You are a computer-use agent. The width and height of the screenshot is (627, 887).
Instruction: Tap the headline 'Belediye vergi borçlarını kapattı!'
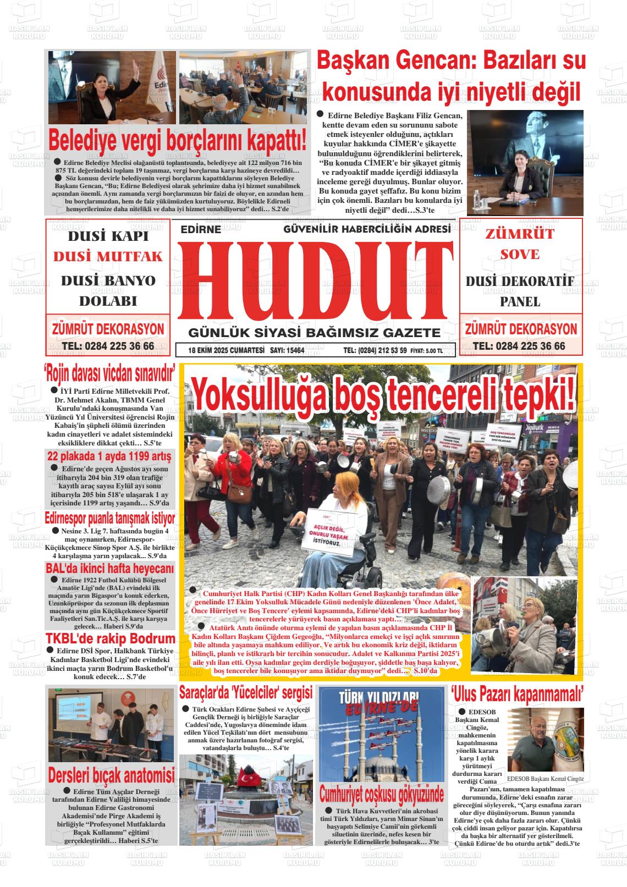(x=177, y=140)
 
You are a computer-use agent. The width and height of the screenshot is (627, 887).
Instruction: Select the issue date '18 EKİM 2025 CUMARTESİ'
(x=226, y=350)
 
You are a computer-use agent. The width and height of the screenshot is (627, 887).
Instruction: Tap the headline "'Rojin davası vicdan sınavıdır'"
(x=109, y=374)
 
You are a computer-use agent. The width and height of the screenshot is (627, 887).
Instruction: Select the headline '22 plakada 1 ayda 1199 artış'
(x=109, y=456)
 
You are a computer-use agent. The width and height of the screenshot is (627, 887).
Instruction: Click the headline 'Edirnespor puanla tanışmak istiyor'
(x=110, y=518)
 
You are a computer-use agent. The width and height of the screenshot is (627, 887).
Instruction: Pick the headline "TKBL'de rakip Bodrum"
(x=110, y=638)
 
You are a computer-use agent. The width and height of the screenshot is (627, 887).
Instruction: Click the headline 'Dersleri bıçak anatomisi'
(x=111, y=775)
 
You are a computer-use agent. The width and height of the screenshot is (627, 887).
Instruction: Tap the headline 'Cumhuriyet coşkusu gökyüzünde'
(x=382, y=795)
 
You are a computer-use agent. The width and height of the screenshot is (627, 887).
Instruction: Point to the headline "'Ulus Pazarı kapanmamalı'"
(x=517, y=694)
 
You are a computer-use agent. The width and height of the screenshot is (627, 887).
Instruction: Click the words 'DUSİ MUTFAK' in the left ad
(x=108, y=257)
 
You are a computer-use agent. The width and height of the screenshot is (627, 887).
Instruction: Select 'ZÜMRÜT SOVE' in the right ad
(x=520, y=244)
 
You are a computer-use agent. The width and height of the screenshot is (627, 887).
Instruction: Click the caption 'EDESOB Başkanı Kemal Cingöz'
(x=544, y=779)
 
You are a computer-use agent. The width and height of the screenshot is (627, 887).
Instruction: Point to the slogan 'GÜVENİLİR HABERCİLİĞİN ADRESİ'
(x=367, y=229)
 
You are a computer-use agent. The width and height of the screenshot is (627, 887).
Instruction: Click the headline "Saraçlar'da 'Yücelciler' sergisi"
(x=246, y=692)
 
